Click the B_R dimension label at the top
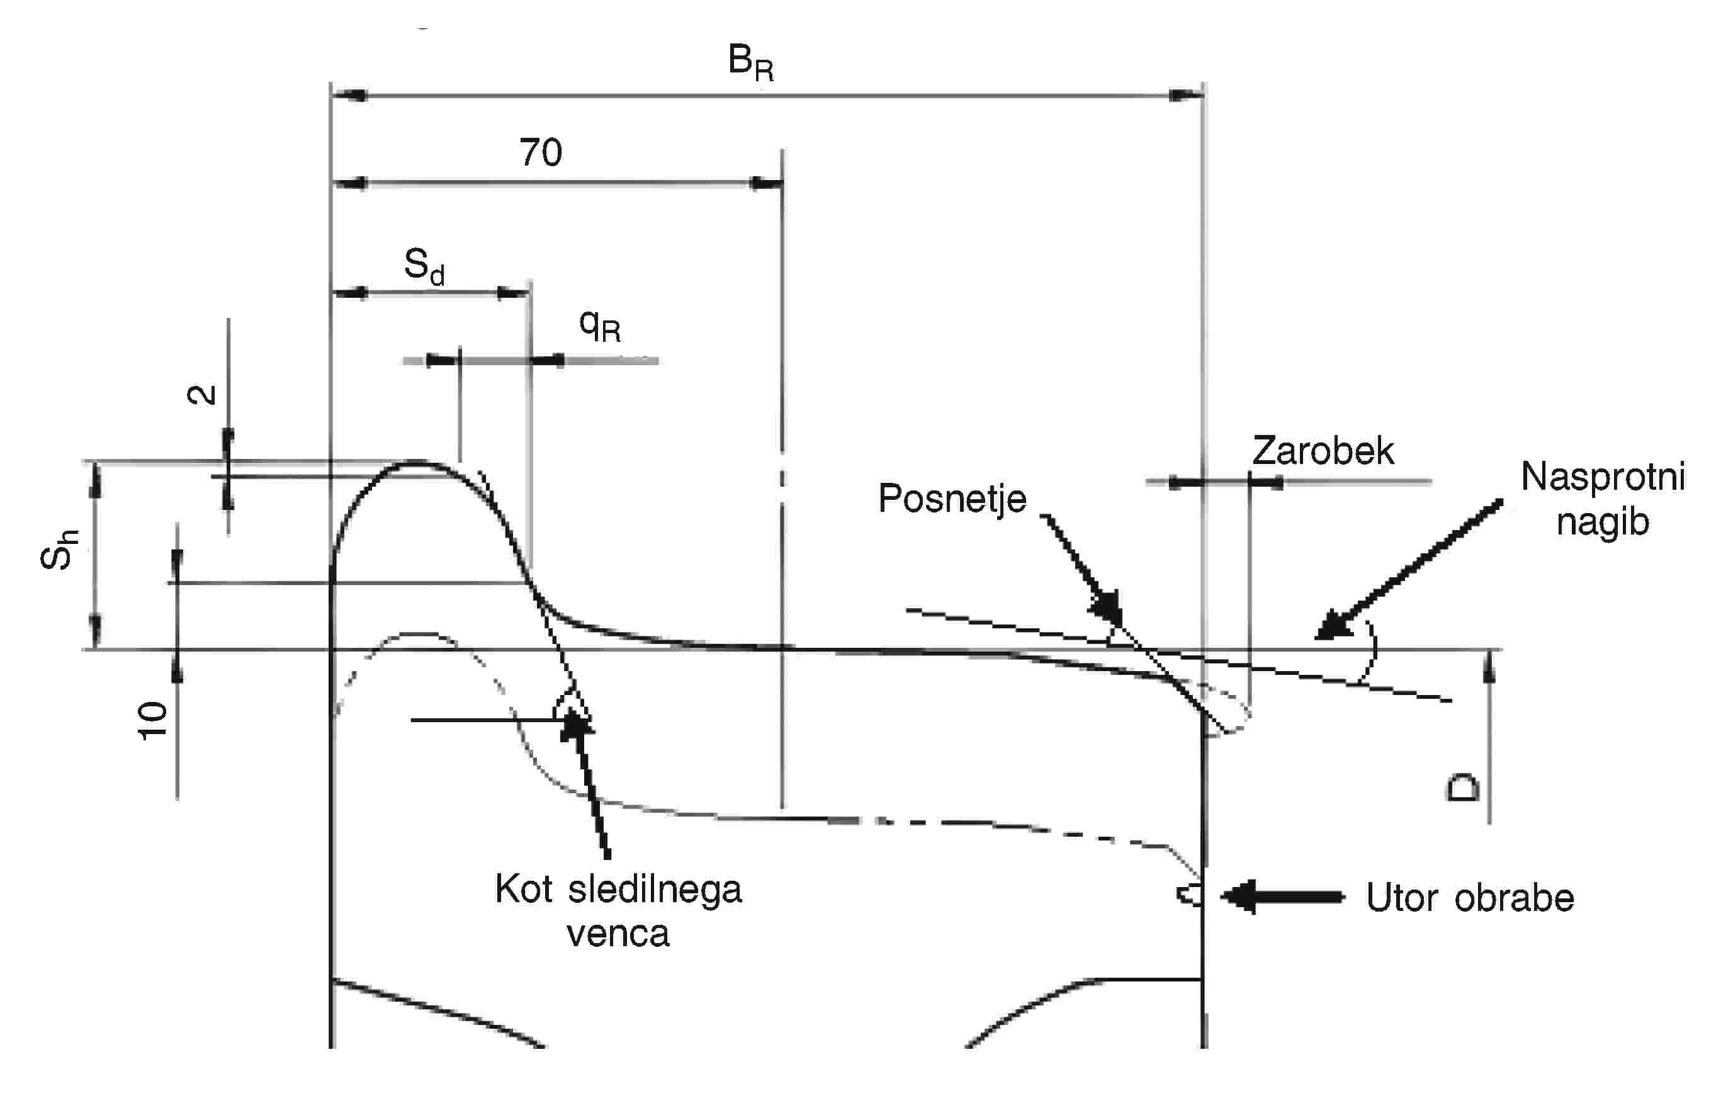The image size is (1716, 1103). [x=750, y=62]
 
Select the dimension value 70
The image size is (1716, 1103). [x=541, y=152]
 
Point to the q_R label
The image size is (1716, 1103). [x=599, y=326]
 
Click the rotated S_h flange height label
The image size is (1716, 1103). [x=59, y=550]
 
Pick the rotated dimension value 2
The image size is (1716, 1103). [x=201, y=394]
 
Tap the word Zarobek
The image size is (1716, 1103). [x=1323, y=451]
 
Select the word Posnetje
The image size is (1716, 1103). [x=952, y=498]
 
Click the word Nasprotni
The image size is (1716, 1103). [x=1603, y=477]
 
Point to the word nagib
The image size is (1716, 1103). [x=1603, y=521]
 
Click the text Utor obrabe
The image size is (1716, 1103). [x=1470, y=897]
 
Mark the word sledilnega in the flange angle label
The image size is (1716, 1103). [x=655, y=890]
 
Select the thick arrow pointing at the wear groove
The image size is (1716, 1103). [x=1282, y=896]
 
